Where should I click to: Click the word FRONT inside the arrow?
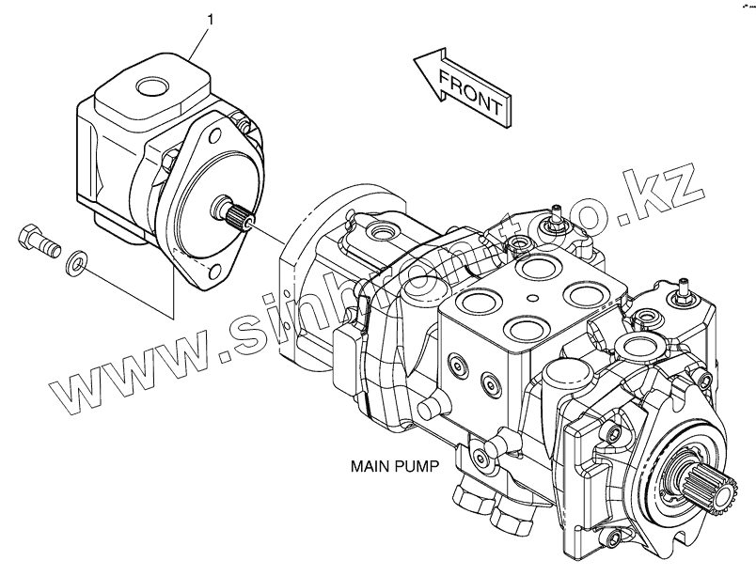(x=472, y=90)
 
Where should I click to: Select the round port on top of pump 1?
(x=150, y=88)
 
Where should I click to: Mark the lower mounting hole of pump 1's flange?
(x=215, y=272)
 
